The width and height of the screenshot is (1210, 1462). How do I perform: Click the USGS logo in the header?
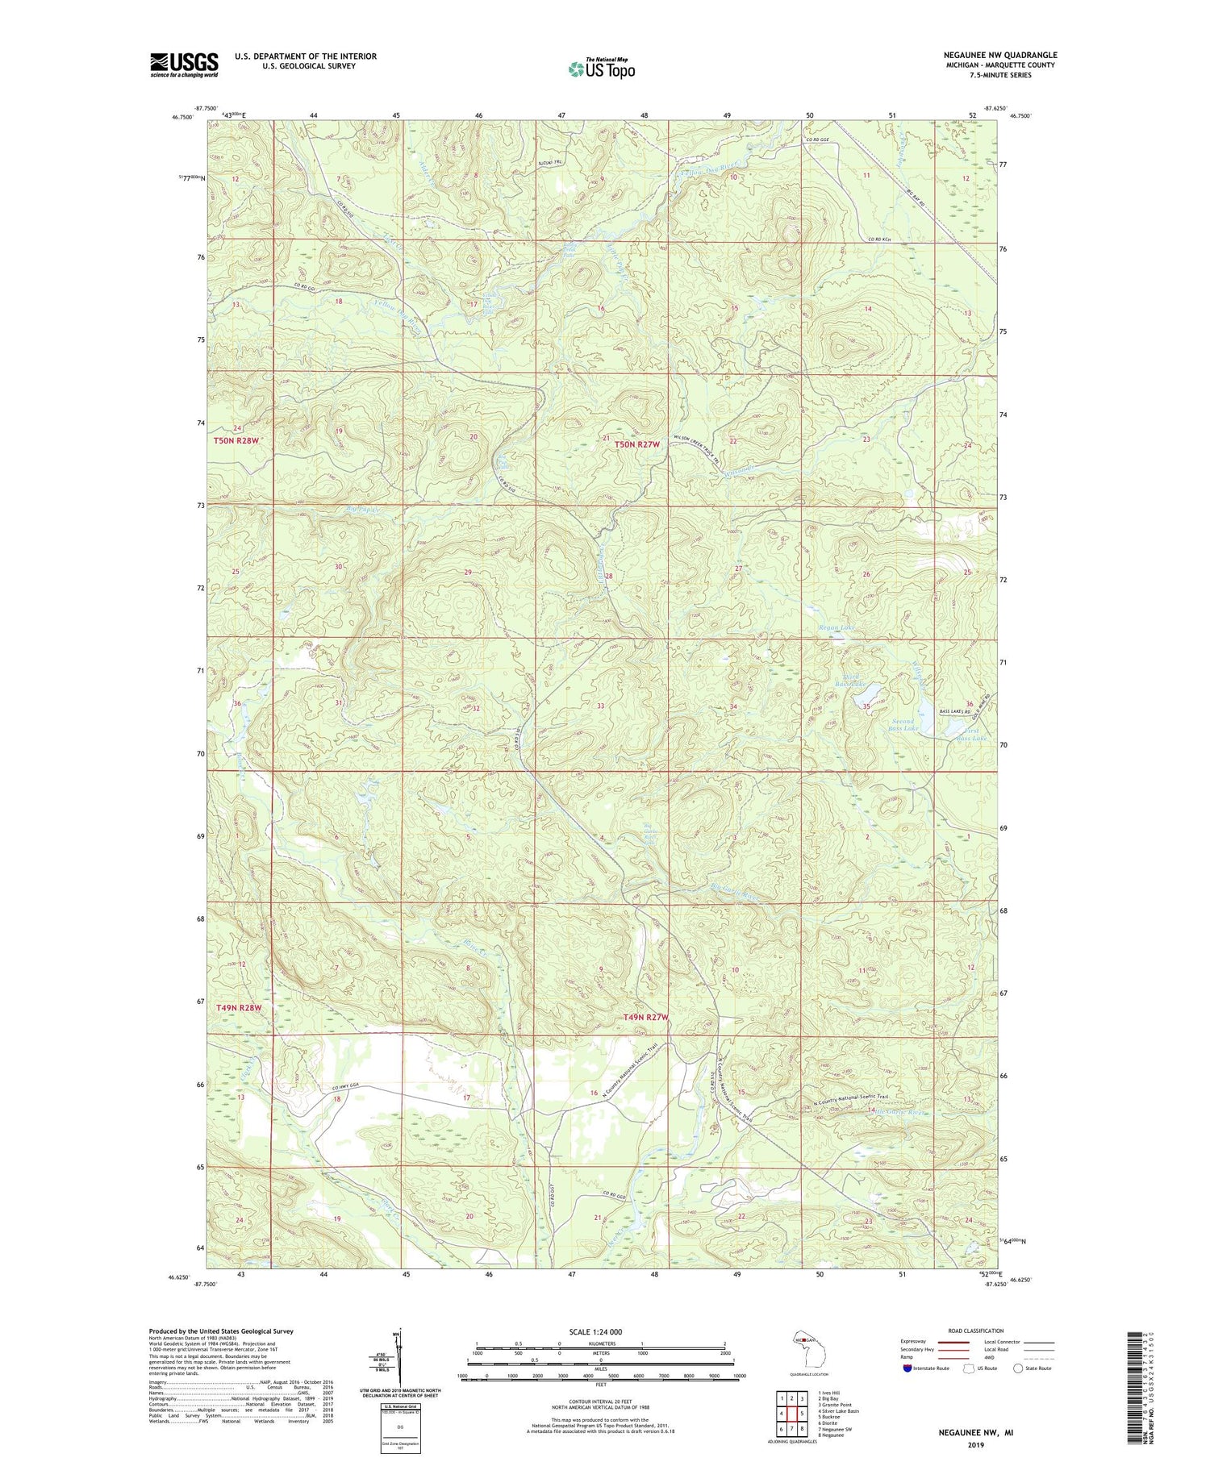click(x=184, y=65)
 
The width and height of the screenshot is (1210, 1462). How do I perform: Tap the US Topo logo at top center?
click(x=601, y=69)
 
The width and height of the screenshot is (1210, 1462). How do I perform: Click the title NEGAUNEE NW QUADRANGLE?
click(x=999, y=55)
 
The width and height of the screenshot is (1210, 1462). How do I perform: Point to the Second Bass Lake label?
click(x=903, y=725)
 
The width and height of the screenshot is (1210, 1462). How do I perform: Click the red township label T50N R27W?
click(x=636, y=444)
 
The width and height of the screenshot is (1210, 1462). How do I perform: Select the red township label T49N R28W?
click(x=239, y=1008)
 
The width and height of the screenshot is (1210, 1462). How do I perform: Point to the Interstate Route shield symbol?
click(x=907, y=1368)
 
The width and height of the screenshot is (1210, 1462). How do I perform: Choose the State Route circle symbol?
click(x=1018, y=1368)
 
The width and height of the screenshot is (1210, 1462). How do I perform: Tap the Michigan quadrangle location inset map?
click(x=798, y=1346)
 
